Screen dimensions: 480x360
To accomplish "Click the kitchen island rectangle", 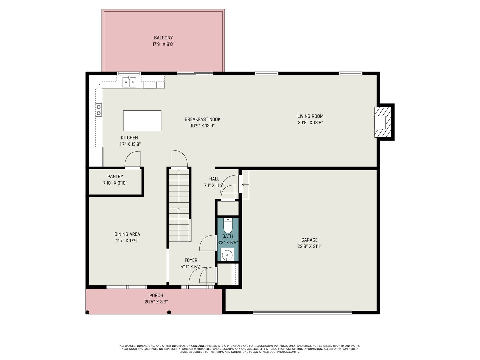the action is (142, 121).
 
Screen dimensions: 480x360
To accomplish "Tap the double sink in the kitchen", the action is (129, 82).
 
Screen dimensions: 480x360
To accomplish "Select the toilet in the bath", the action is (228, 226).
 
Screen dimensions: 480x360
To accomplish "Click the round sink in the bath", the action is (227, 255).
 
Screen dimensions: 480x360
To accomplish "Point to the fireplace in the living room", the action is (382, 122).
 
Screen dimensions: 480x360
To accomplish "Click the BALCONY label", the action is (163, 38).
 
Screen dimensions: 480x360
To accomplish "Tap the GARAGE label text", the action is (309, 240).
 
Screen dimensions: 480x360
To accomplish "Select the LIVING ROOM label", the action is (310, 116).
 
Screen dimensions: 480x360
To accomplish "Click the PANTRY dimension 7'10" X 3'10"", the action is (115, 183).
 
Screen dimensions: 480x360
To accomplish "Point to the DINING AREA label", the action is (127, 234).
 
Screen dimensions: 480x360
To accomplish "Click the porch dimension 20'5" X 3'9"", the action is (156, 302).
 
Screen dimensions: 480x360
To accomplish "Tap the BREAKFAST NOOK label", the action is (202, 119).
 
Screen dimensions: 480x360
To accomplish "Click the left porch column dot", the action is (87, 312).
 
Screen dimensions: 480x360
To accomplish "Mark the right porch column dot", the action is (169, 312).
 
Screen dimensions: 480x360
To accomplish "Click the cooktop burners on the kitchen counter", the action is (99, 110).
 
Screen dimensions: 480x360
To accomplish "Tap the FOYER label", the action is (191, 260).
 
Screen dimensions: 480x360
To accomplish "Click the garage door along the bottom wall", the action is (303, 313).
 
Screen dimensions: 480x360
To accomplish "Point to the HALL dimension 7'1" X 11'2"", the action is (214, 186).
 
